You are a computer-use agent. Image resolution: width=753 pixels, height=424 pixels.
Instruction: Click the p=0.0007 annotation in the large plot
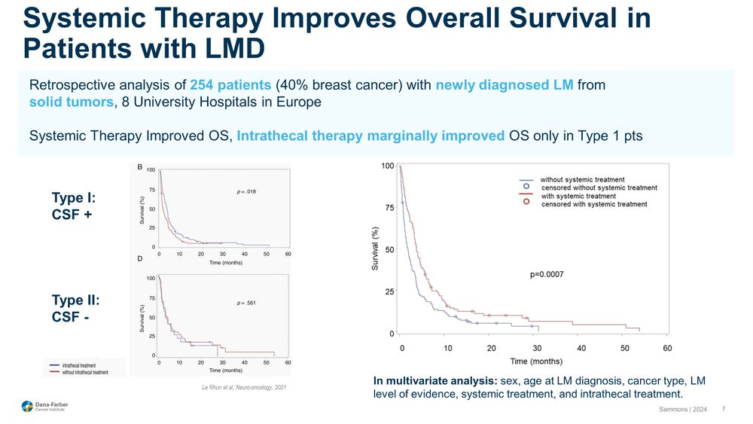coord(547,275)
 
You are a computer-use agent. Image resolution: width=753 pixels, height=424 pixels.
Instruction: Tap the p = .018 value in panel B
coord(247,192)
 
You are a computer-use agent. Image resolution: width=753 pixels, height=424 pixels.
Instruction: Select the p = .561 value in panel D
coord(247,303)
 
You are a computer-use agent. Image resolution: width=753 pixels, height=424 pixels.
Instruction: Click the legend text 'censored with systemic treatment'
coord(593,204)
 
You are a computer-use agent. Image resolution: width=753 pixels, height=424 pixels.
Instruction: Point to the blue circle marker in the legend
coord(527,186)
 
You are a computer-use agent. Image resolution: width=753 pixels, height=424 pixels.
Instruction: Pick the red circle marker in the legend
coord(527,202)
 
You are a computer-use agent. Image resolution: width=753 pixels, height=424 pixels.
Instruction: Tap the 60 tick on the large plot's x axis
coord(667,348)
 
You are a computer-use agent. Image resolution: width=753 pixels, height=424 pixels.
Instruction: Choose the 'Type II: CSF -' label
coord(75,307)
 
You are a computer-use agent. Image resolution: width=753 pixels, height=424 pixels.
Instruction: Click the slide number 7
coord(724,409)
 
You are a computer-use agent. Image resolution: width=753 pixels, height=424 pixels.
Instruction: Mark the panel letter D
coord(140,259)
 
